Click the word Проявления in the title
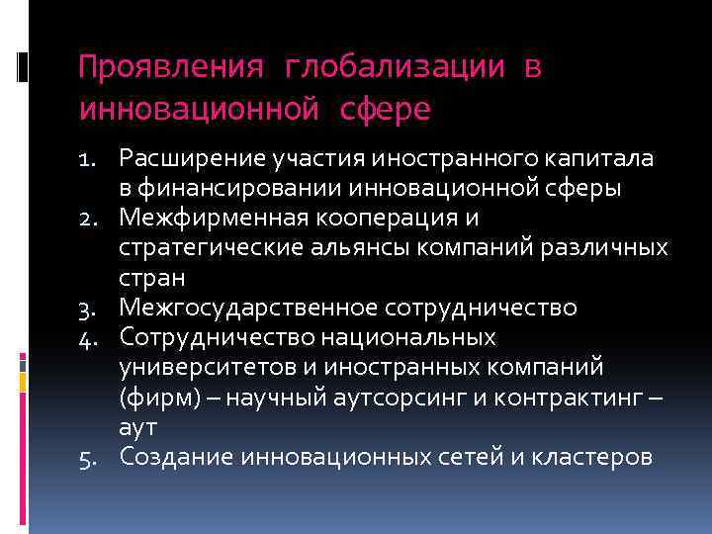coord(170,67)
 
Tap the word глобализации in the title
coord(396,67)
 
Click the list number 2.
coord(91,217)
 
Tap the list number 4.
coord(91,339)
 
